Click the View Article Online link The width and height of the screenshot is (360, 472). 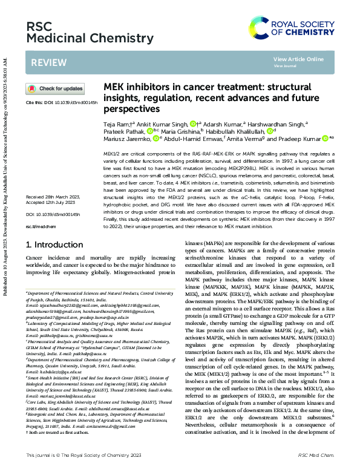(x=298, y=59)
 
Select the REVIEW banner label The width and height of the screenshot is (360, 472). (x=45, y=62)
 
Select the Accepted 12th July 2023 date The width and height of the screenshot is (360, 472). (x=53, y=186)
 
